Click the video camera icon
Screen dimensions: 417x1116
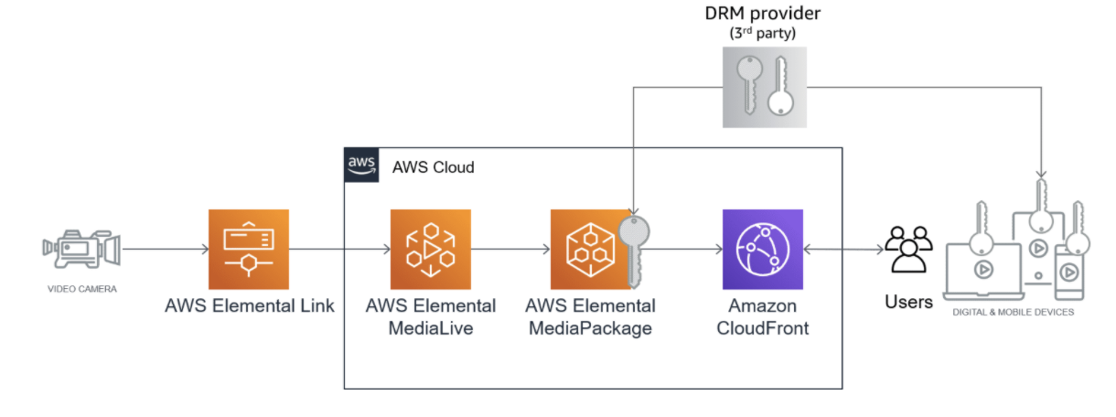[x=80, y=249]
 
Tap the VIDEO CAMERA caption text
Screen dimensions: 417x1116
[x=81, y=289]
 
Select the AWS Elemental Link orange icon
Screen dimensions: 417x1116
[x=248, y=250]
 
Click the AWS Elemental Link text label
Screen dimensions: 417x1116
[x=249, y=305]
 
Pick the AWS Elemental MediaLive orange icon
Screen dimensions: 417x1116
[x=430, y=250]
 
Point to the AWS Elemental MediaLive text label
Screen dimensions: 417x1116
[x=430, y=316]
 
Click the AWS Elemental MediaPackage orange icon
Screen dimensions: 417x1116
[x=585, y=250]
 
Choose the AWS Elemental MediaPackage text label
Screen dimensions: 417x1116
[x=592, y=316]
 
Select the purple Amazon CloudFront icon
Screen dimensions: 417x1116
[x=762, y=250]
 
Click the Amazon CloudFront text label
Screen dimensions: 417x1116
[x=762, y=316]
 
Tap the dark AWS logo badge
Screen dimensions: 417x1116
[x=361, y=165]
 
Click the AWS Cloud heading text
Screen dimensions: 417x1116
[x=433, y=167]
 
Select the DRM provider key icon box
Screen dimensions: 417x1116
[x=761, y=88]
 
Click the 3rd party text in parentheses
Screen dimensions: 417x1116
[x=761, y=35]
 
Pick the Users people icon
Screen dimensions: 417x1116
[x=908, y=250]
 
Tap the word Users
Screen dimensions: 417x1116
[x=908, y=301]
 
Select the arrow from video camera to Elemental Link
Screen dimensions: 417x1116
[x=165, y=249]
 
